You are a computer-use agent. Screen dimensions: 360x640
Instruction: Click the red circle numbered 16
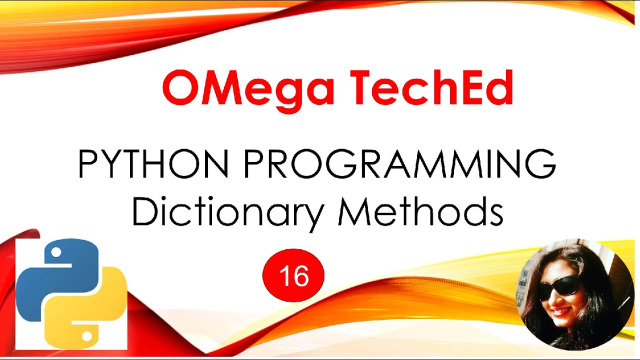(x=293, y=276)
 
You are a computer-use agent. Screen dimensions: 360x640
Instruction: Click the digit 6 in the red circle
(x=301, y=276)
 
